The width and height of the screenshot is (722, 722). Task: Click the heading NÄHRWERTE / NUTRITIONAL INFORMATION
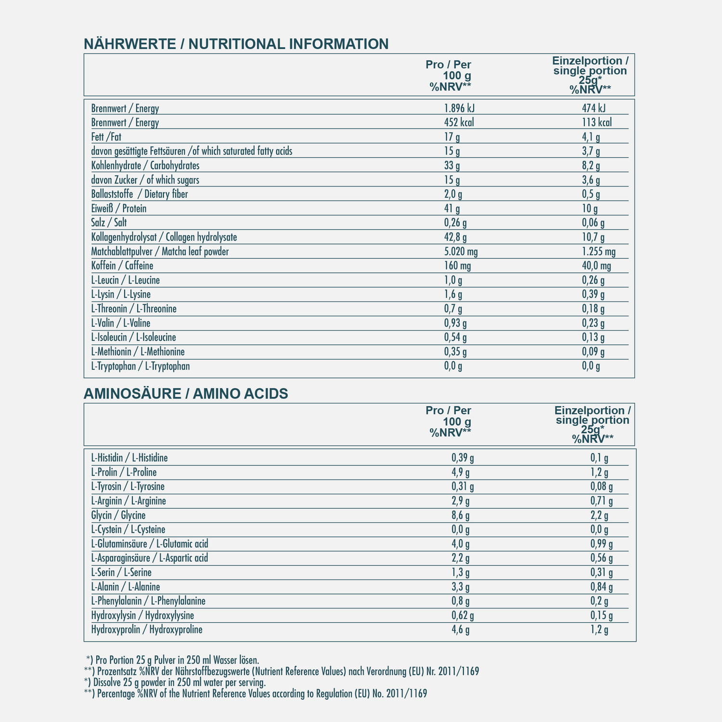(236, 44)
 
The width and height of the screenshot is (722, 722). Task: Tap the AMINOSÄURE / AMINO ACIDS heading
(186, 394)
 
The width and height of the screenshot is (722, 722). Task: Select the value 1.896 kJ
(463, 108)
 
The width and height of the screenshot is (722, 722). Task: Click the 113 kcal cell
(597, 122)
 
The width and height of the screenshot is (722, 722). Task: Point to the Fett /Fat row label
(106, 137)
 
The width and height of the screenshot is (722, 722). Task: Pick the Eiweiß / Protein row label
(119, 208)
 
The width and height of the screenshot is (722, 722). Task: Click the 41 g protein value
(452, 208)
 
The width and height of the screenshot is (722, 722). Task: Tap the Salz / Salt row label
(109, 223)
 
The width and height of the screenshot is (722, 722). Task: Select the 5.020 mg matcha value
(461, 251)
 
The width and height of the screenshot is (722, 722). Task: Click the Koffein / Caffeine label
(122, 266)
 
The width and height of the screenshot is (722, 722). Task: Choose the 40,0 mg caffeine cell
(596, 266)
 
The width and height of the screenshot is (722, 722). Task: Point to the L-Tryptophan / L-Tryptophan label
(141, 366)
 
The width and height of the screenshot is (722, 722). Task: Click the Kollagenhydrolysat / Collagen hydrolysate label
(164, 237)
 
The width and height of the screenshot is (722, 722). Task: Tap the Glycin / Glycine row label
(118, 516)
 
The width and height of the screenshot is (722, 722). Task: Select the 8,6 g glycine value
(460, 516)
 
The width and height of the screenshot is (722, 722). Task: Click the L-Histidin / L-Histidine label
(129, 458)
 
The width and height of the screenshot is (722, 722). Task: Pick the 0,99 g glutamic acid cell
(601, 544)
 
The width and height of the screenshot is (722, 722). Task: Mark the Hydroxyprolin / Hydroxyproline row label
(147, 630)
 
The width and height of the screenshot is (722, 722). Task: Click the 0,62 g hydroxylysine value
(463, 615)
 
